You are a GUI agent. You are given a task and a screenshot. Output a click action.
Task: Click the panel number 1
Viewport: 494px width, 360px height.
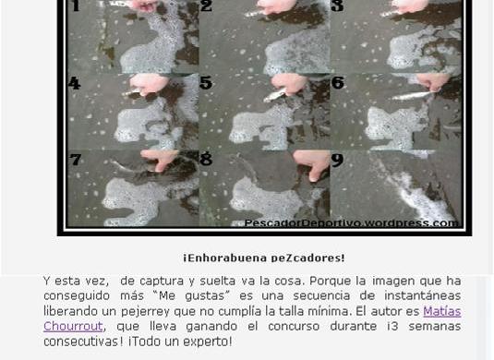point(76,6)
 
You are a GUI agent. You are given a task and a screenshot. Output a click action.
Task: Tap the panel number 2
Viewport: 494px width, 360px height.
point(206,6)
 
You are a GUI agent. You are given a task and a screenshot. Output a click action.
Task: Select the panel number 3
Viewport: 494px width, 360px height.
point(337,6)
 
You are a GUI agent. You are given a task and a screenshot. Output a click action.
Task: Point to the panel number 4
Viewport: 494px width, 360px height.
point(75,83)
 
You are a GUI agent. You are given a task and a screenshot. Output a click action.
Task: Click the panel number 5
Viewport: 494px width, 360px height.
point(206,83)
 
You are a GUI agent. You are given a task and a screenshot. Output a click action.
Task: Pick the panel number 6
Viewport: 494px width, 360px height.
point(338,83)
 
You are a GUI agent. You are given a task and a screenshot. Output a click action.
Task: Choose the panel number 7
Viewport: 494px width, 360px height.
point(76,160)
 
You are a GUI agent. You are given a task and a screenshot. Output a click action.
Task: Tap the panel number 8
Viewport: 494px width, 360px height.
point(206,159)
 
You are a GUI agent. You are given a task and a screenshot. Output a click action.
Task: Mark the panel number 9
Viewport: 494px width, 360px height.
point(337,160)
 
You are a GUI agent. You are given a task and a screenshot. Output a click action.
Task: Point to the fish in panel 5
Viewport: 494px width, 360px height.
point(276,94)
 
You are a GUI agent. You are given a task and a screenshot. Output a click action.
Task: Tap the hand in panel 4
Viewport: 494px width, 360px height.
point(149,83)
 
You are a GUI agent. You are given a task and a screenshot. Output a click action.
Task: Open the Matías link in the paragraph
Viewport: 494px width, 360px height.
point(442,311)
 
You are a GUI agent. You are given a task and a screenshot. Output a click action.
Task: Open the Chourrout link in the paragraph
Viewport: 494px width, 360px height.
point(73,326)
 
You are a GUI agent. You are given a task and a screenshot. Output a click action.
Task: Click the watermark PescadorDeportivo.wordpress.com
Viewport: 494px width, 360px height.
point(351,223)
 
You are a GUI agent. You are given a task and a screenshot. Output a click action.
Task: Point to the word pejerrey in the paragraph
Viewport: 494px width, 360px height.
point(146,312)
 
